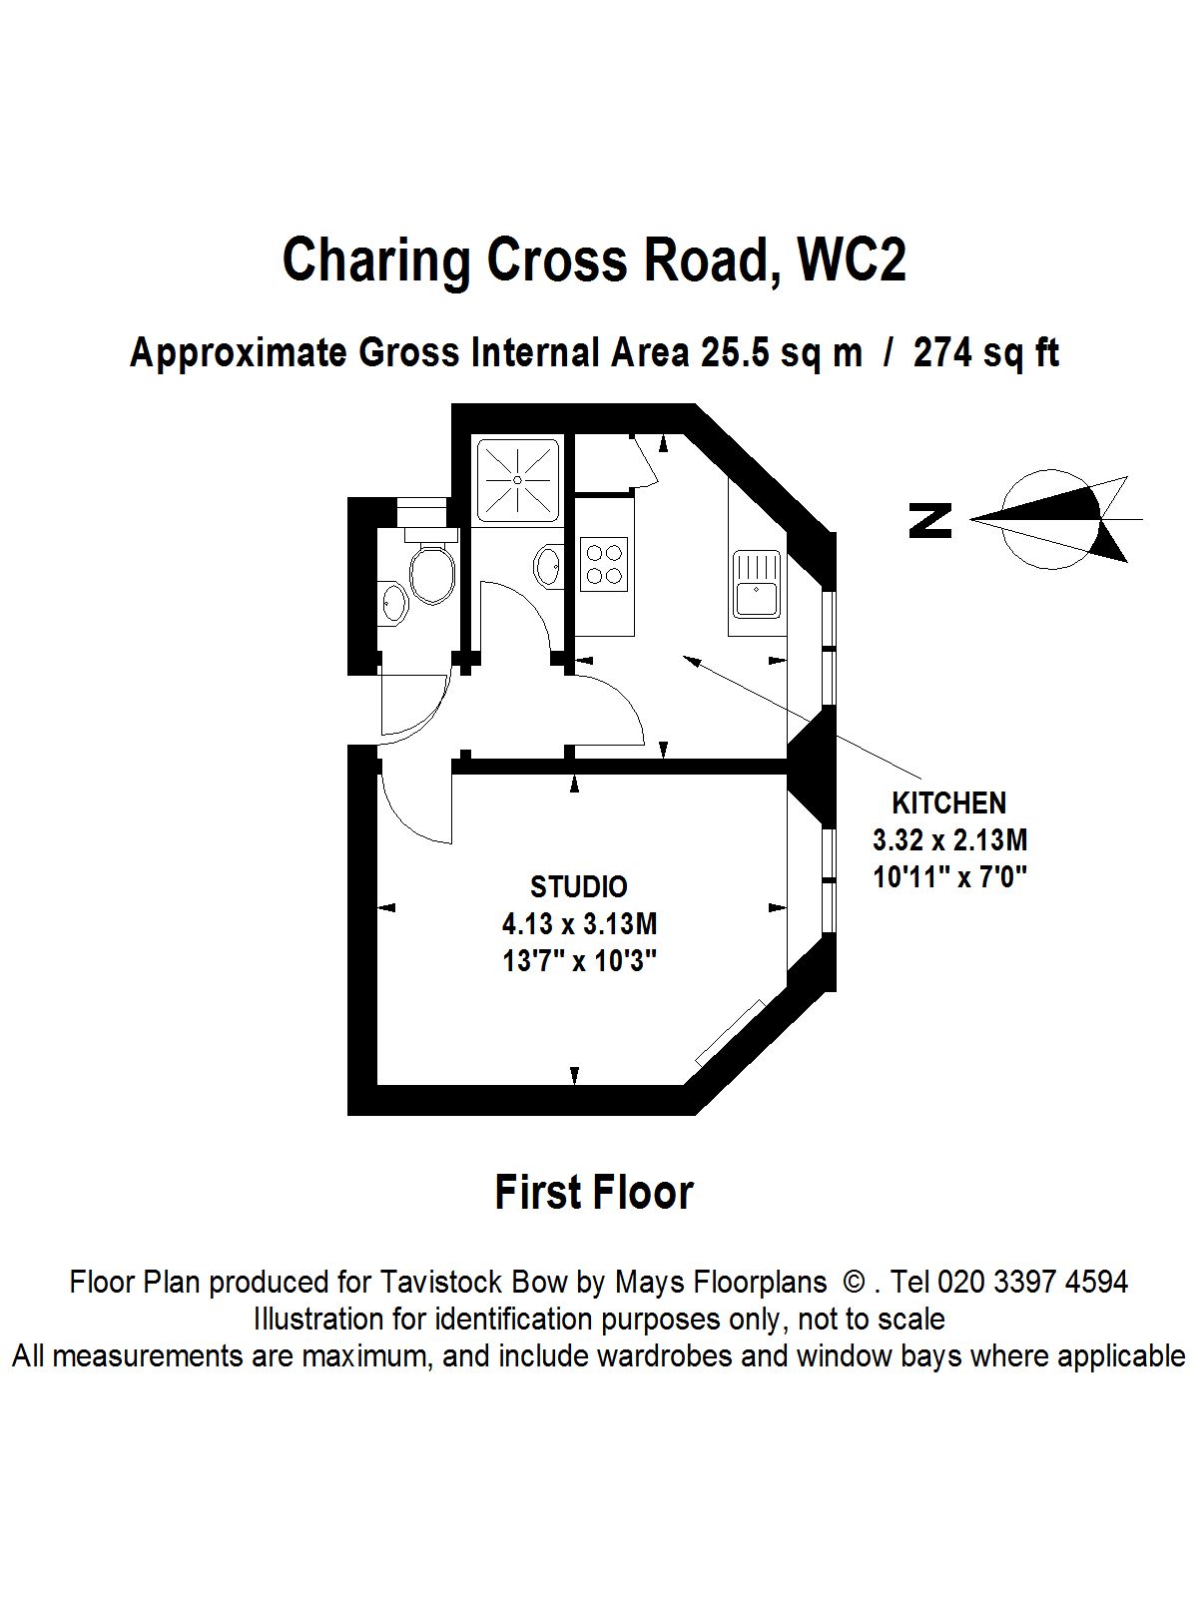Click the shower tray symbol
517,480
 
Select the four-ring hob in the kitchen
604,562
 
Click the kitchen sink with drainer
756,584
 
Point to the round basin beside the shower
548,566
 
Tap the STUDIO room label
578,886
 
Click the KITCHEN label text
948,802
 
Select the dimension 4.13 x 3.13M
579,923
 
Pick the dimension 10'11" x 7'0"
949,876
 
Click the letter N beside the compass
930,520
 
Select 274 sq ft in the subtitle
985,353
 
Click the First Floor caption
594,1192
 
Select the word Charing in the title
378,260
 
